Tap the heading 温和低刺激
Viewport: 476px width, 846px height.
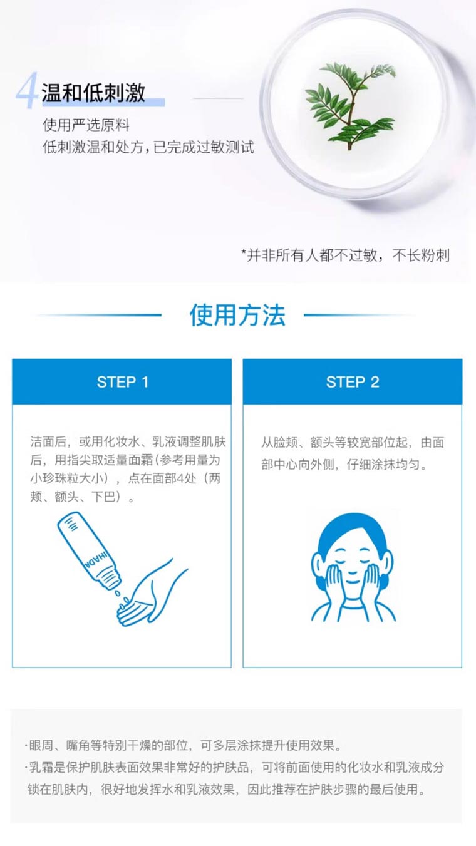coord(93,92)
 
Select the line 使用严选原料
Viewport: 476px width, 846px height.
coord(86,125)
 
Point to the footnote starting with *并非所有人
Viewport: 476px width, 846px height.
coord(345,255)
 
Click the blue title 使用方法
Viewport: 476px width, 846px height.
coord(237,315)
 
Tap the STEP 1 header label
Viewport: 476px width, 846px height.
coord(122,382)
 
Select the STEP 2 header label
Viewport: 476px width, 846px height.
coord(353,382)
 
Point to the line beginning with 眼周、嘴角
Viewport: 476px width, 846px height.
coord(184,745)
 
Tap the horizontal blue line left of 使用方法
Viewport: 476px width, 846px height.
coord(98,314)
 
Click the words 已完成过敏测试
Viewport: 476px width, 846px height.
coord(204,147)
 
